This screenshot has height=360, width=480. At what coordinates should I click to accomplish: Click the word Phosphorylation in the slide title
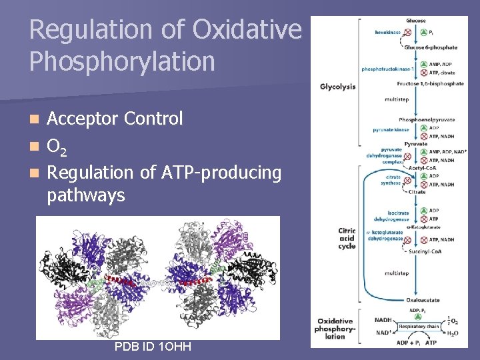coord(122,61)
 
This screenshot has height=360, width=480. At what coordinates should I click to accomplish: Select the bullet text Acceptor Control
coord(115,119)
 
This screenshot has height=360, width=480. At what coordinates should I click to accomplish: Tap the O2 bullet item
coord(57,146)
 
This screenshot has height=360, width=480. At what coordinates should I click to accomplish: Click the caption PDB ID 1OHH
coord(153,347)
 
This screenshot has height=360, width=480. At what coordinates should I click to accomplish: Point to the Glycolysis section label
coord(337,86)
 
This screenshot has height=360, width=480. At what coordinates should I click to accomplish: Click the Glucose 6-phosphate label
coord(429,47)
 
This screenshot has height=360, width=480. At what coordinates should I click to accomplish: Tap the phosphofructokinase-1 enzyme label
coord(387,69)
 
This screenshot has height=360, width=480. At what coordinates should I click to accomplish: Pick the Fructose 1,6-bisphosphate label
coord(430,84)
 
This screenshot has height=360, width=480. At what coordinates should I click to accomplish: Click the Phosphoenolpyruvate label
coord(427,119)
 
